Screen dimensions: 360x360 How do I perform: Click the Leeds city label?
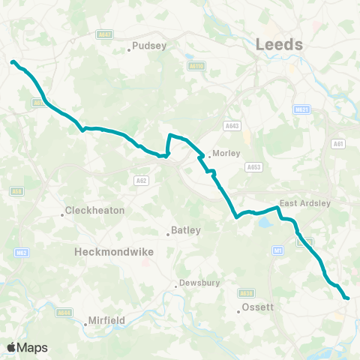coord(279,44)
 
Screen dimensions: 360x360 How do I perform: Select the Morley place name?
coord(226,153)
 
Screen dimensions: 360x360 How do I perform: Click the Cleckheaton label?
coord(94,211)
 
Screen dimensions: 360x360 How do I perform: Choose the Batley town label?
coord(187,231)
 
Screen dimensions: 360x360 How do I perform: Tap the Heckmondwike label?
coord(114,253)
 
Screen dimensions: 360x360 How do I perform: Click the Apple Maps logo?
coord(27,347)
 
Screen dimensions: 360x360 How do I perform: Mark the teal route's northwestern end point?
coord(13,62)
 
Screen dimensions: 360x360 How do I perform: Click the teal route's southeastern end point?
coord(347,298)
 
